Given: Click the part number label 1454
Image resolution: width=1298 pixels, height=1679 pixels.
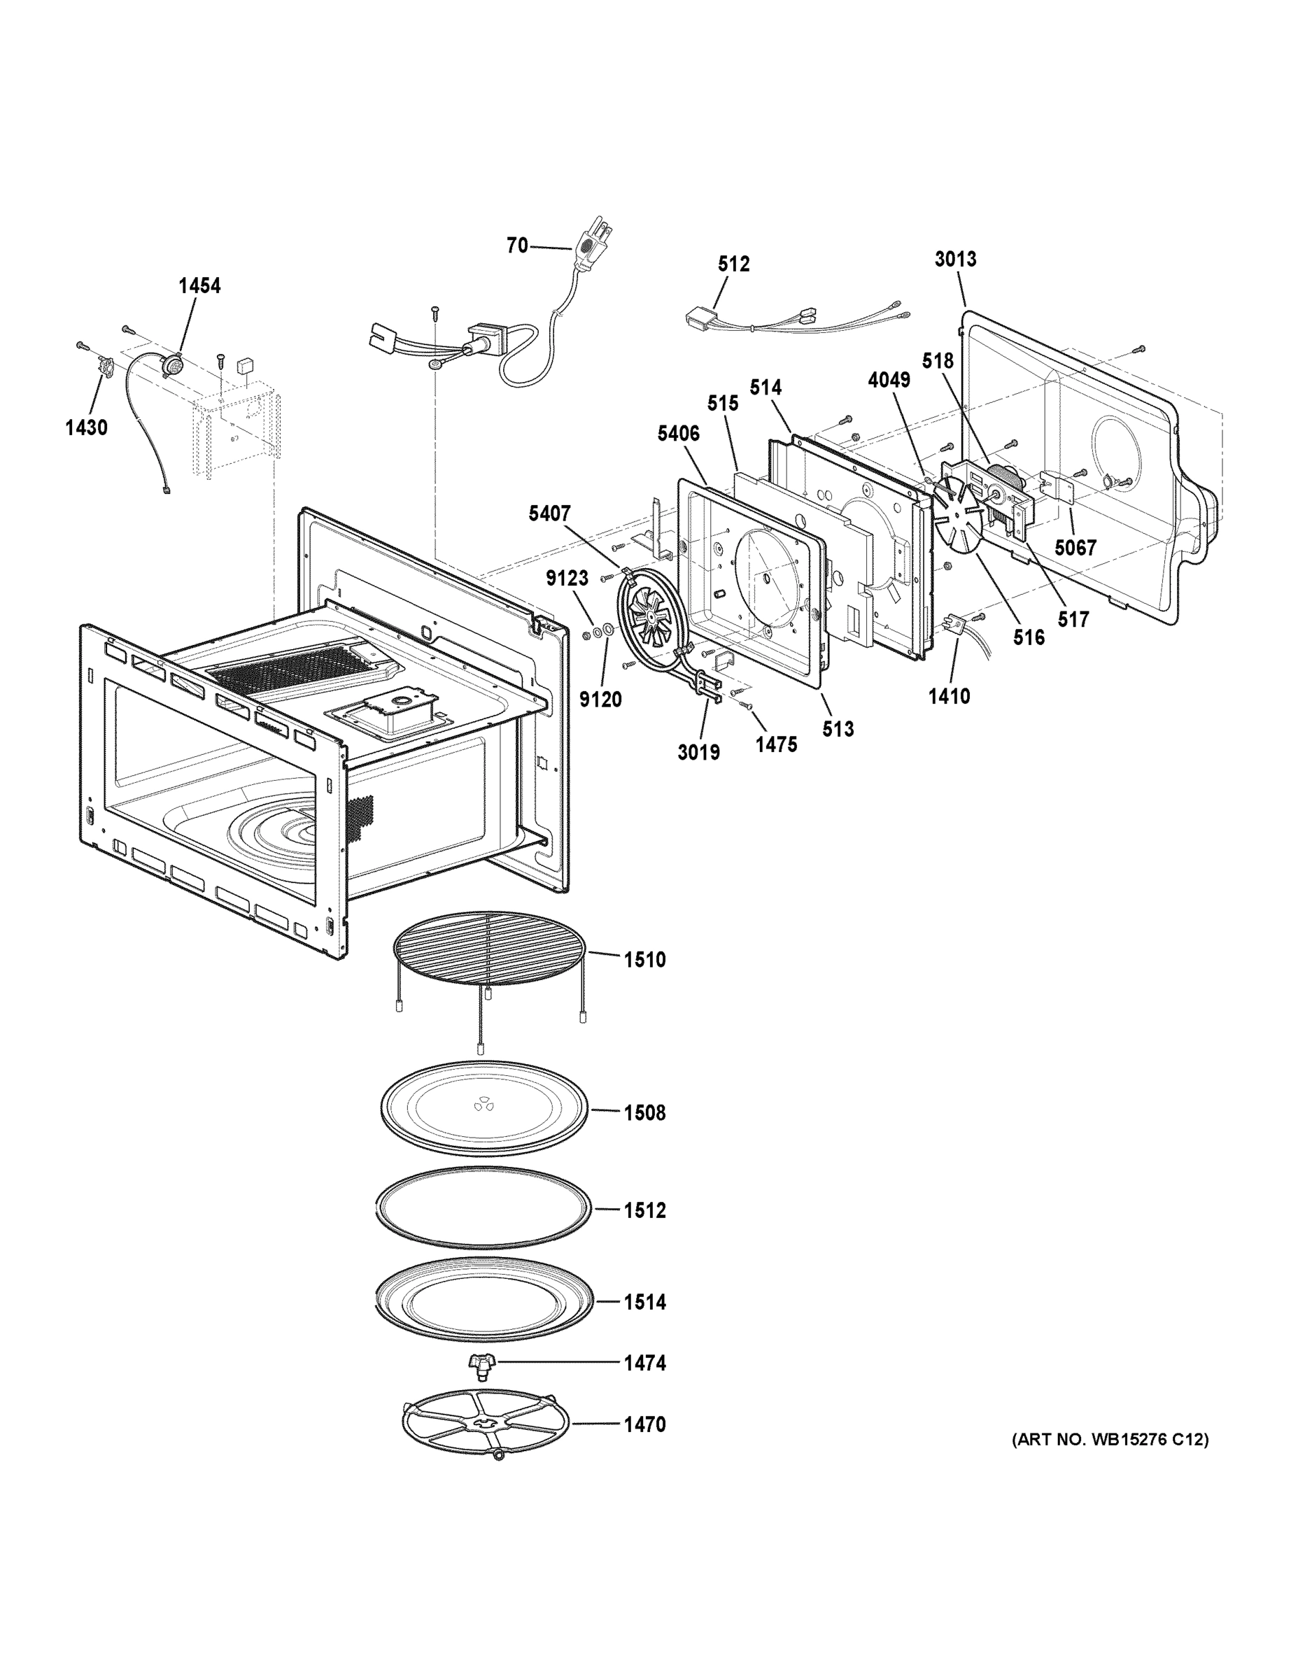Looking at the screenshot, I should (x=199, y=286).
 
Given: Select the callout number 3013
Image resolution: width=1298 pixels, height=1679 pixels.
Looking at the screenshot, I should (x=955, y=259).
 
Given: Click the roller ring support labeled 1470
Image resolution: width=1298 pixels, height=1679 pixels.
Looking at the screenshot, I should (x=485, y=1424).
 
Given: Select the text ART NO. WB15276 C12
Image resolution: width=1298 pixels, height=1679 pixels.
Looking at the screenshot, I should (x=1110, y=1439).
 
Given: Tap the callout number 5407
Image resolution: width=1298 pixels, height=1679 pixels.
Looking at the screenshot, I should (x=549, y=513).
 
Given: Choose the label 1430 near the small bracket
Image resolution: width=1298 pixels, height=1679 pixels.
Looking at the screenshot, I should (x=86, y=427).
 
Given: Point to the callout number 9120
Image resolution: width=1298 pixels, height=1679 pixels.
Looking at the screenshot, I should (x=600, y=700).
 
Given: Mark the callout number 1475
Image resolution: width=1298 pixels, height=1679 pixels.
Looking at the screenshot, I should (x=776, y=744).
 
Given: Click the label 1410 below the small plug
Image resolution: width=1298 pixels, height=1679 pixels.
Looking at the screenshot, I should (x=949, y=697).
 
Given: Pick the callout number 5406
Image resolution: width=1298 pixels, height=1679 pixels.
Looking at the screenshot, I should (x=678, y=434).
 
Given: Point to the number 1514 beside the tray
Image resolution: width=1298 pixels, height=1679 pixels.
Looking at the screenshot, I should (x=644, y=1303).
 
